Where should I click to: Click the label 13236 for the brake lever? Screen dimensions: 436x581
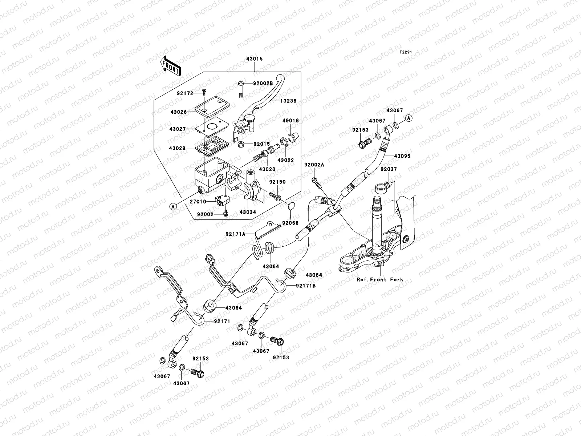click(x=289, y=101)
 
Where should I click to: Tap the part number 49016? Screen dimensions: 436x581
click(x=291, y=121)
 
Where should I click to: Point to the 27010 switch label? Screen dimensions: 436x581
click(x=198, y=202)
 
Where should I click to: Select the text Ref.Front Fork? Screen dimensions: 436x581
click(x=380, y=280)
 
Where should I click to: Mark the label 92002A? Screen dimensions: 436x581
click(x=314, y=165)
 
